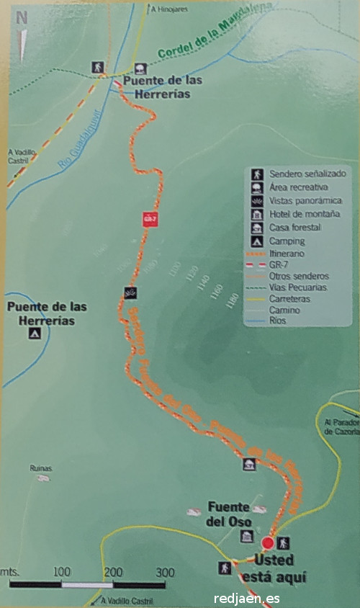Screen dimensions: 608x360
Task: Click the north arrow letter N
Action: click(x=22, y=18)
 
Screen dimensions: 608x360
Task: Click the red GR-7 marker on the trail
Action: click(x=150, y=219)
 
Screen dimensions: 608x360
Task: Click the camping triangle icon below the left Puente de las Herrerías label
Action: click(x=32, y=334)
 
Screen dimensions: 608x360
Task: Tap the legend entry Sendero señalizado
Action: click(x=307, y=174)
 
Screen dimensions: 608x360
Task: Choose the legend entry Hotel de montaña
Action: click(x=306, y=214)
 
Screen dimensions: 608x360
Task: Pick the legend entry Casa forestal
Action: click(x=295, y=228)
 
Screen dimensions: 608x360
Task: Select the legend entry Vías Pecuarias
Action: click(x=297, y=287)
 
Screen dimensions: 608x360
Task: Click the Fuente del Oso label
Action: click(x=228, y=514)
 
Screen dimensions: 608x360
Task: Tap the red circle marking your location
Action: click(x=267, y=543)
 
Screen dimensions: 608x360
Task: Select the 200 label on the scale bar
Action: click(x=112, y=573)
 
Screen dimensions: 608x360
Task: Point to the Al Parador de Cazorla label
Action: click(x=341, y=427)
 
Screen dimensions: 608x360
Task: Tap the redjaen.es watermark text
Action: click(x=246, y=599)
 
